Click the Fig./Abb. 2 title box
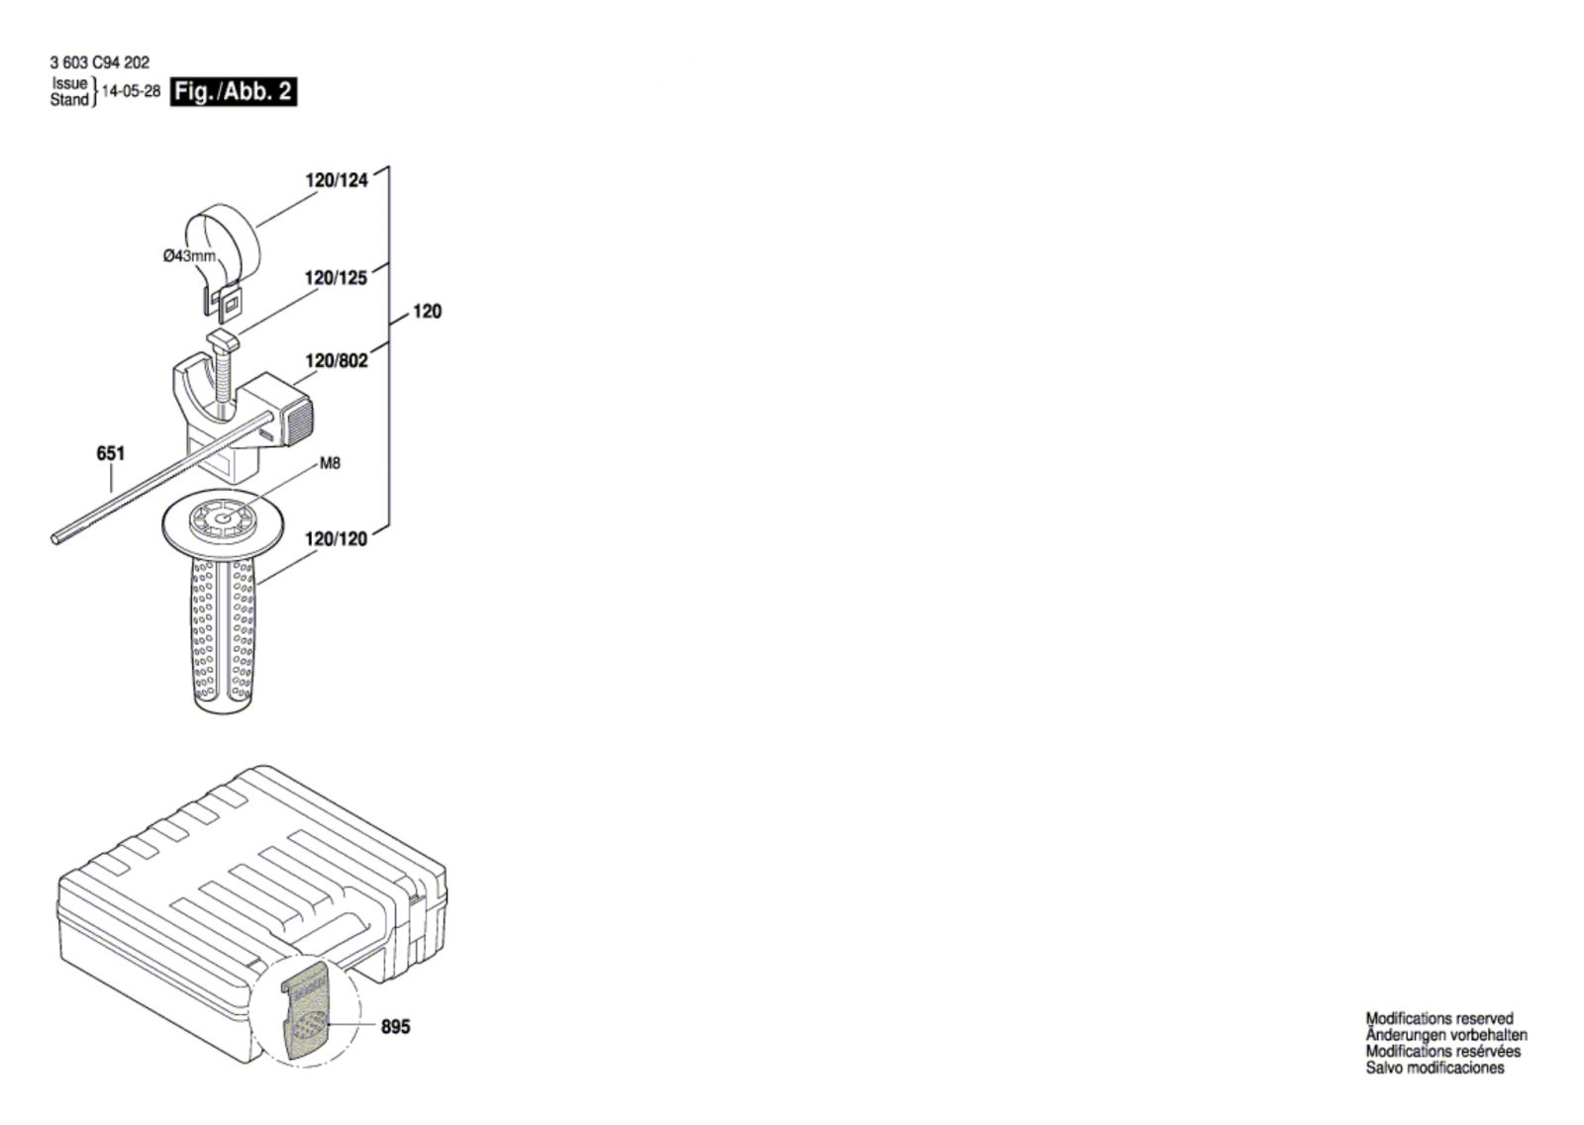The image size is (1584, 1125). tap(234, 92)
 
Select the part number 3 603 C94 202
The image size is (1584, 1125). tap(100, 63)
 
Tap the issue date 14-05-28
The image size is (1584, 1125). tap(132, 91)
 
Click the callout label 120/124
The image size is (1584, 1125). tap(337, 180)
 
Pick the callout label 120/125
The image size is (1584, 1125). tap(336, 278)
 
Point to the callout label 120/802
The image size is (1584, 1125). tap(337, 361)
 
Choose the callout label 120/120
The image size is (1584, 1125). tap(336, 539)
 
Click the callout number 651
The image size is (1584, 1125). tap(110, 453)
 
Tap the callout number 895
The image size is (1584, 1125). tap(395, 1027)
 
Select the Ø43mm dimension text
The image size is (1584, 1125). tap(189, 256)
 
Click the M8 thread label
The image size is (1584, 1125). tap(331, 464)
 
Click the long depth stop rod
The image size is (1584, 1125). tap(161, 476)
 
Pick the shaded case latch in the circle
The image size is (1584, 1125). tap(305, 1011)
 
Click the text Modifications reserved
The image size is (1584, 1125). tap(1439, 1018)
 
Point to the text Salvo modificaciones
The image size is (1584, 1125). tap(1435, 1069)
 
